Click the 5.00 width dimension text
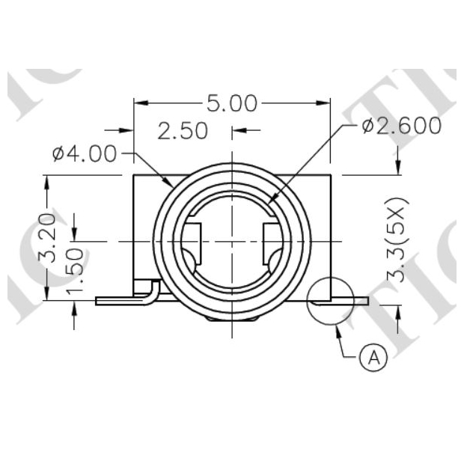tap(232, 103)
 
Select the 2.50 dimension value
tap(183, 131)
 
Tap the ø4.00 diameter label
tap(85, 153)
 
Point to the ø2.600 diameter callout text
tap(402, 126)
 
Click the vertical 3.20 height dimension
tap(47, 238)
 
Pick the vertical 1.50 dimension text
tap(74, 272)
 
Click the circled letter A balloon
tap(373, 357)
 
